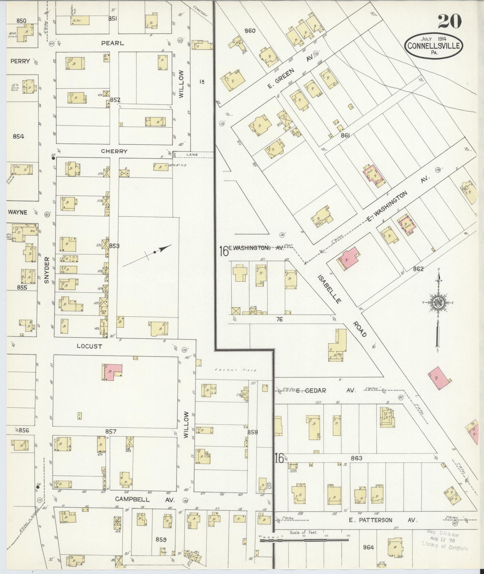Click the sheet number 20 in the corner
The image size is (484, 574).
[x=449, y=21]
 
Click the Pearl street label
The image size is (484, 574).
[x=113, y=43]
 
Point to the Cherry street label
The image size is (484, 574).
[x=114, y=152]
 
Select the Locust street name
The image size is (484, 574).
[x=89, y=346]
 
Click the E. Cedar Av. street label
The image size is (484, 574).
[x=326, y=390]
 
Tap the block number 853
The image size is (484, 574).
[x=114, y=246]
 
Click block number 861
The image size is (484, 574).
[x=345, y=136]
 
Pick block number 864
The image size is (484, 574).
[x=368, y=547]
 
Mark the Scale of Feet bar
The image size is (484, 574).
[x=304, y=540]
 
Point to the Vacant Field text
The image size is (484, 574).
[x=235, y=370]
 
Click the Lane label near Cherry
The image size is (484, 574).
[x=192, y=155]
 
